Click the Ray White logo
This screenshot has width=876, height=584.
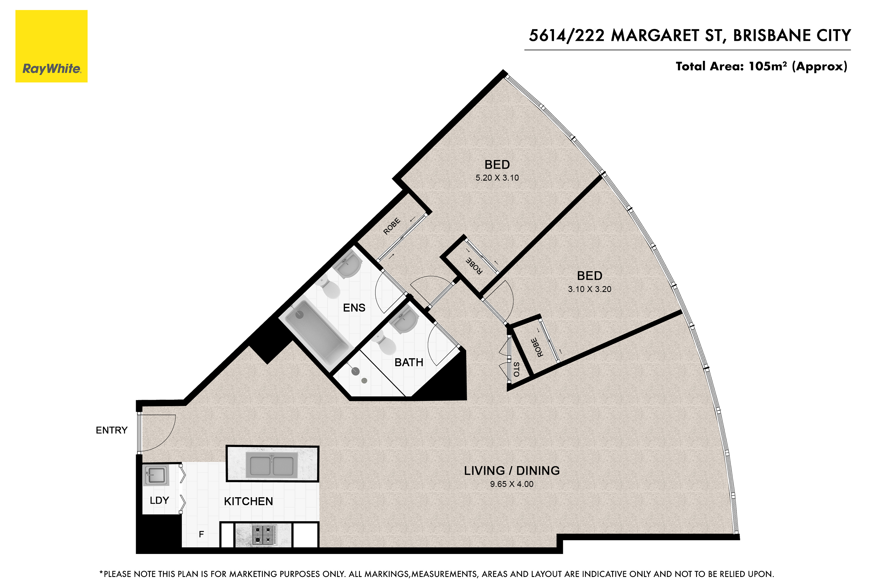click(51, 46)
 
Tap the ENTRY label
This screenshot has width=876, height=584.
click(111, 430)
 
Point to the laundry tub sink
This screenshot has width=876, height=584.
click(156, 475)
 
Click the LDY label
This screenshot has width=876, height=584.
click(160, 500)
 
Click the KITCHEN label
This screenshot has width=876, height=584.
click(248, 501)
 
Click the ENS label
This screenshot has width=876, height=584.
click(354, 308)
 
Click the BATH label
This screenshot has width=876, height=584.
click(409, 362)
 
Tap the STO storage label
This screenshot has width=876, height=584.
click(516, 369)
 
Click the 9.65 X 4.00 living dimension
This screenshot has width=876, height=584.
click(512, 484)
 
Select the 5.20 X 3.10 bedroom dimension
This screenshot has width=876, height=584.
click(497, 178)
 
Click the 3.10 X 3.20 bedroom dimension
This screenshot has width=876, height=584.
click(590, 289)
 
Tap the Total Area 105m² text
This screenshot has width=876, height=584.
click(761, 66)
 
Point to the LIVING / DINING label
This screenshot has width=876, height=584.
click(512, 471)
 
